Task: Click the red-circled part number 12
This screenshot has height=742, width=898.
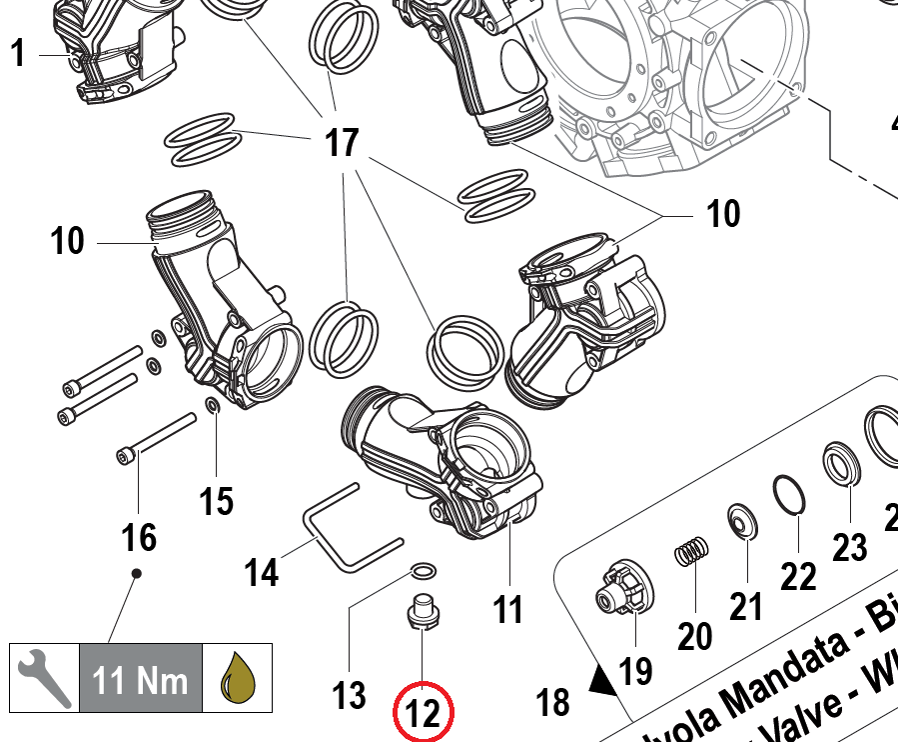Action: [x=424, y=714]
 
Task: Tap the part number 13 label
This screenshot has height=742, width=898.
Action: [x=350, y=693]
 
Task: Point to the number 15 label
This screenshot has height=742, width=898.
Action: [x=217, y=500]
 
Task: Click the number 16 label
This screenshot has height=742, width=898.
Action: [x=139, y=538]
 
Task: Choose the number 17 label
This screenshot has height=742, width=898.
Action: [x=342, y=143]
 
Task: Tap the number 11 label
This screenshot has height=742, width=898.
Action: [x=508, y=607]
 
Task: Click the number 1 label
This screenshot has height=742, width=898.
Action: [x=18, y=54]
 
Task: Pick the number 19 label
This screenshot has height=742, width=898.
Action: [x=636, y=669]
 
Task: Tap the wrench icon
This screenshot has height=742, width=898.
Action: [x=43, y=678]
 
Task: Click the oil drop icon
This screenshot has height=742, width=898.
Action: [x=238, y=679]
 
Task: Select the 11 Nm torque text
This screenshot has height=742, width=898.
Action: [x=140, y=680]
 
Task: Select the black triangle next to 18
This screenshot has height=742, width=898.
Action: [x=601, y=682]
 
